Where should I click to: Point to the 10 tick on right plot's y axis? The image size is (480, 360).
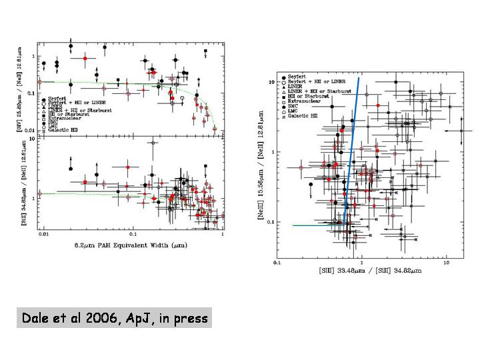(x=271, y=82)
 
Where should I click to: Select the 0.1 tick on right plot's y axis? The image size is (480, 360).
(x=270, y=222)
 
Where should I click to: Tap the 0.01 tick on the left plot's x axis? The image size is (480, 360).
(x=43, y=237)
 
